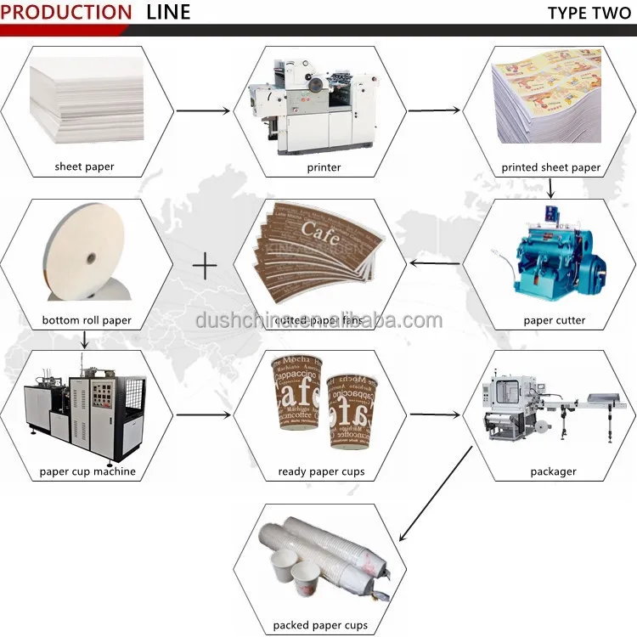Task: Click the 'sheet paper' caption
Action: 84,167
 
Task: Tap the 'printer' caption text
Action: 324,167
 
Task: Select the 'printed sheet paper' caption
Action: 550,167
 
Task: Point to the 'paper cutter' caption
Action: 554,320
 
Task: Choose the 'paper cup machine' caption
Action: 87,471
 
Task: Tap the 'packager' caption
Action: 553,471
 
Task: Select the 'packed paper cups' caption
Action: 320,625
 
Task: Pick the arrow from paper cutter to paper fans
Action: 436,263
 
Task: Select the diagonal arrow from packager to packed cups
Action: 435,495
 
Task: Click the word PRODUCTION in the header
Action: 67,12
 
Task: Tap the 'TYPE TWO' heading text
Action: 589,12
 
